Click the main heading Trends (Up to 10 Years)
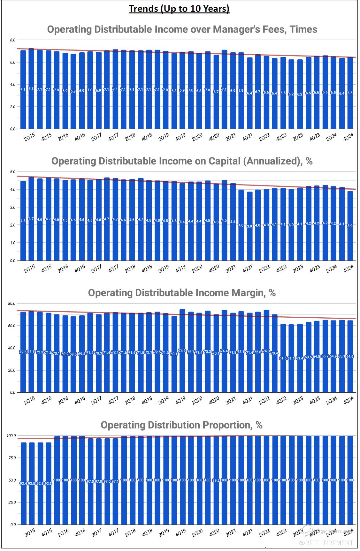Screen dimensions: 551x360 click(x=179, y=9)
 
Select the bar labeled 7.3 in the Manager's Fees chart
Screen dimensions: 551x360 click(x=31, y=89)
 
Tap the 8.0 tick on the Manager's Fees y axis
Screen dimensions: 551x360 click(x=12, y=40)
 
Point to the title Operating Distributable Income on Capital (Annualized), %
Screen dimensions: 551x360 click(x=182, y=161)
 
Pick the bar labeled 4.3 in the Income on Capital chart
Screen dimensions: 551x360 click(x=216, y=222)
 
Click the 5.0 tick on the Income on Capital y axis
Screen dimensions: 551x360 click(x=12, y=172)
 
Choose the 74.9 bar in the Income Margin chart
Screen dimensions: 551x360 click(x=182, y=351)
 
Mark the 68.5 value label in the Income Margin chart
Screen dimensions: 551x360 click(x=73, y=354)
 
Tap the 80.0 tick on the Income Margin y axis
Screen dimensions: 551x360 click(x=12, y=303)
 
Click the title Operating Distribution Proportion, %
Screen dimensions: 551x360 click(x=181, y=425)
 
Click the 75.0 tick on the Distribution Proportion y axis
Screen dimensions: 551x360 click(x=12, y=458)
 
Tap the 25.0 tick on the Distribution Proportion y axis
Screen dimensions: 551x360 click(x=12, y=502)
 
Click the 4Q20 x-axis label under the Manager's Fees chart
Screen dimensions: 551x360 click(x=214, y=137)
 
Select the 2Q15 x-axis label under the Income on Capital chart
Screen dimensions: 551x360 click(x=30, y=269)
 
